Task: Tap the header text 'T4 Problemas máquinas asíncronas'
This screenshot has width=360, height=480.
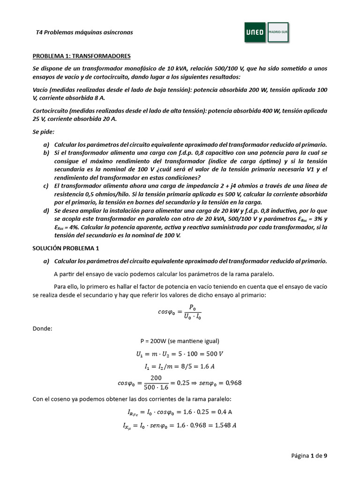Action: pos(84,32)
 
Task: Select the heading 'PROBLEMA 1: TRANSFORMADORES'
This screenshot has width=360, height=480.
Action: pos(81,56)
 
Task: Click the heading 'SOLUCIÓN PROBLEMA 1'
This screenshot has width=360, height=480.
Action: pos(66,248)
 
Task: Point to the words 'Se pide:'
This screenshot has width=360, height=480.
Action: pos(44,133)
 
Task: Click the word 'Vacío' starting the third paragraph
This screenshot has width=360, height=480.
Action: pos(40,90)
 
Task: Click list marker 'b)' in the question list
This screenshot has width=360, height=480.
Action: pos(46,153)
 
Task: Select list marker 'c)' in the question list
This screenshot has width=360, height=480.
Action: pos(46,186)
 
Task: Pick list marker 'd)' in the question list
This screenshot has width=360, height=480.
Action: pos(46,211)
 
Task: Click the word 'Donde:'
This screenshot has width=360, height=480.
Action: pos(42,329)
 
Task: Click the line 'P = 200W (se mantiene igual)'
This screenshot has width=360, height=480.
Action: pos(180,341)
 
